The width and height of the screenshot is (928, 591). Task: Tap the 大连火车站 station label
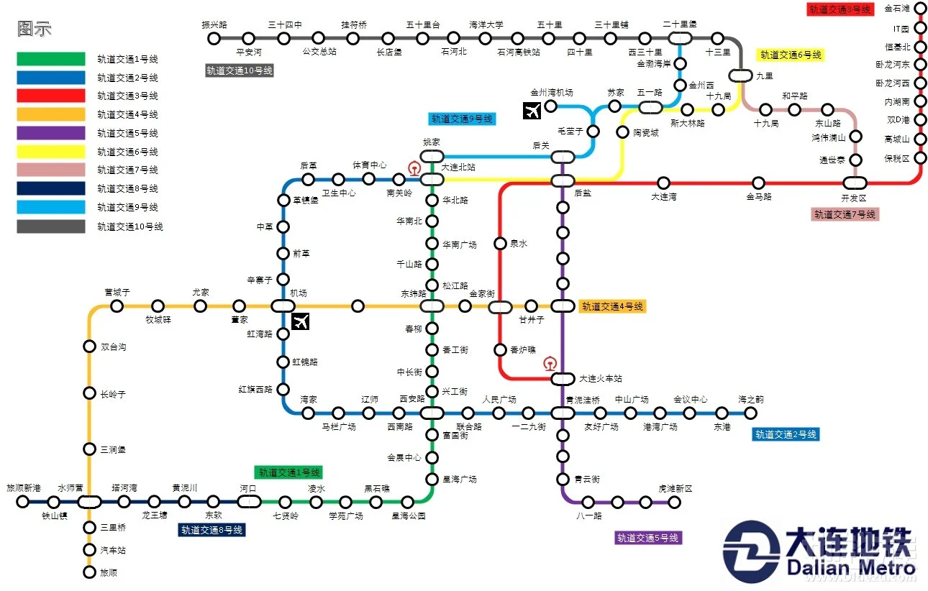click(601, 379)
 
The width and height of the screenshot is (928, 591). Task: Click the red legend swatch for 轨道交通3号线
click(50, 96)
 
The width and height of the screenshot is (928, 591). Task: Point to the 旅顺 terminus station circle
click(89, 572)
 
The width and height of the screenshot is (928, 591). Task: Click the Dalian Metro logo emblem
click(751, 551)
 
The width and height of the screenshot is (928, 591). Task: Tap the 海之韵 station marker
click(750, 413)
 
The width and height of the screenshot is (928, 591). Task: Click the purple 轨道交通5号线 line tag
click(648, 538)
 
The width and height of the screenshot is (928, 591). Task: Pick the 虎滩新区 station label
click(675, 489)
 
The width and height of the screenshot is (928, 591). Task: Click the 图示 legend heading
click(34, 29)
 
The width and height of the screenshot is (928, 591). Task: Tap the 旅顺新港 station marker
click(22, 502)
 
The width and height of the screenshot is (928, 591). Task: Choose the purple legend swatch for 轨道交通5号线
click(50, 133)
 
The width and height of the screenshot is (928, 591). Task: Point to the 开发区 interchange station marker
click(855, 183)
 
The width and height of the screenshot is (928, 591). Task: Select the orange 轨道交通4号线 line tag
click(612, 306)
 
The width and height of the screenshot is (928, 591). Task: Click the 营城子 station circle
click(117, 306)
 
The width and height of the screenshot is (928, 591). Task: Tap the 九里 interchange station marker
click(740, 75)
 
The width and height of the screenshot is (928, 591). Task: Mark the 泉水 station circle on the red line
click(500, 244)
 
